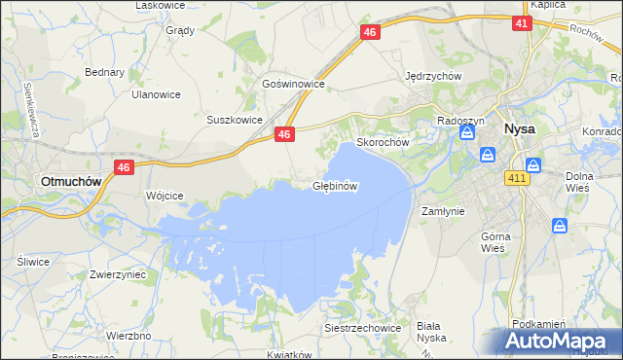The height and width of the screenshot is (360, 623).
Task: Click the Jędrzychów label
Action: pyautogui.click(x=432, y=76)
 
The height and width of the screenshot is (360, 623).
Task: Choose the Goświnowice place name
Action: pyautogui.click(x=293, y=85)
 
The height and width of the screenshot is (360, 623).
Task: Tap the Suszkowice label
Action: pyautogui.click(x=235, y=120)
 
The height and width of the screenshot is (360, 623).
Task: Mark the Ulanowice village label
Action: pyautogui.click(x=157, y=94)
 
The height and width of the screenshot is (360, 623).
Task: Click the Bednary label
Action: pyautogui.click(x=104, y=72)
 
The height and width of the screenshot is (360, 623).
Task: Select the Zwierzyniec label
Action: pyautogui.click(x=117, y=275)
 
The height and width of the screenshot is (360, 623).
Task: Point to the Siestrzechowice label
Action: pyautogui.click(x=363, y=329)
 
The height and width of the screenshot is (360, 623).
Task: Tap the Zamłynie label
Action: pyautogui.click(x=441, y=210)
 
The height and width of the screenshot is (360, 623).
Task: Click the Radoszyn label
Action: pyautogui.click(x=460, y=120)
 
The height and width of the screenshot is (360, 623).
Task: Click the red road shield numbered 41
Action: pyautogui.click(x=521, y=23)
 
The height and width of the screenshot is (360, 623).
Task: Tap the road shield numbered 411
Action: pyautogui.click(x=517, y=178)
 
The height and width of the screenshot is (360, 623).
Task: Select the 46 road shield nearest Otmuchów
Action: pyautogui.click(x=123, y=168)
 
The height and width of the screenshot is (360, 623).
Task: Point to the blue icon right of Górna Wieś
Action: pyautogui.click(x=560, y=226)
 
